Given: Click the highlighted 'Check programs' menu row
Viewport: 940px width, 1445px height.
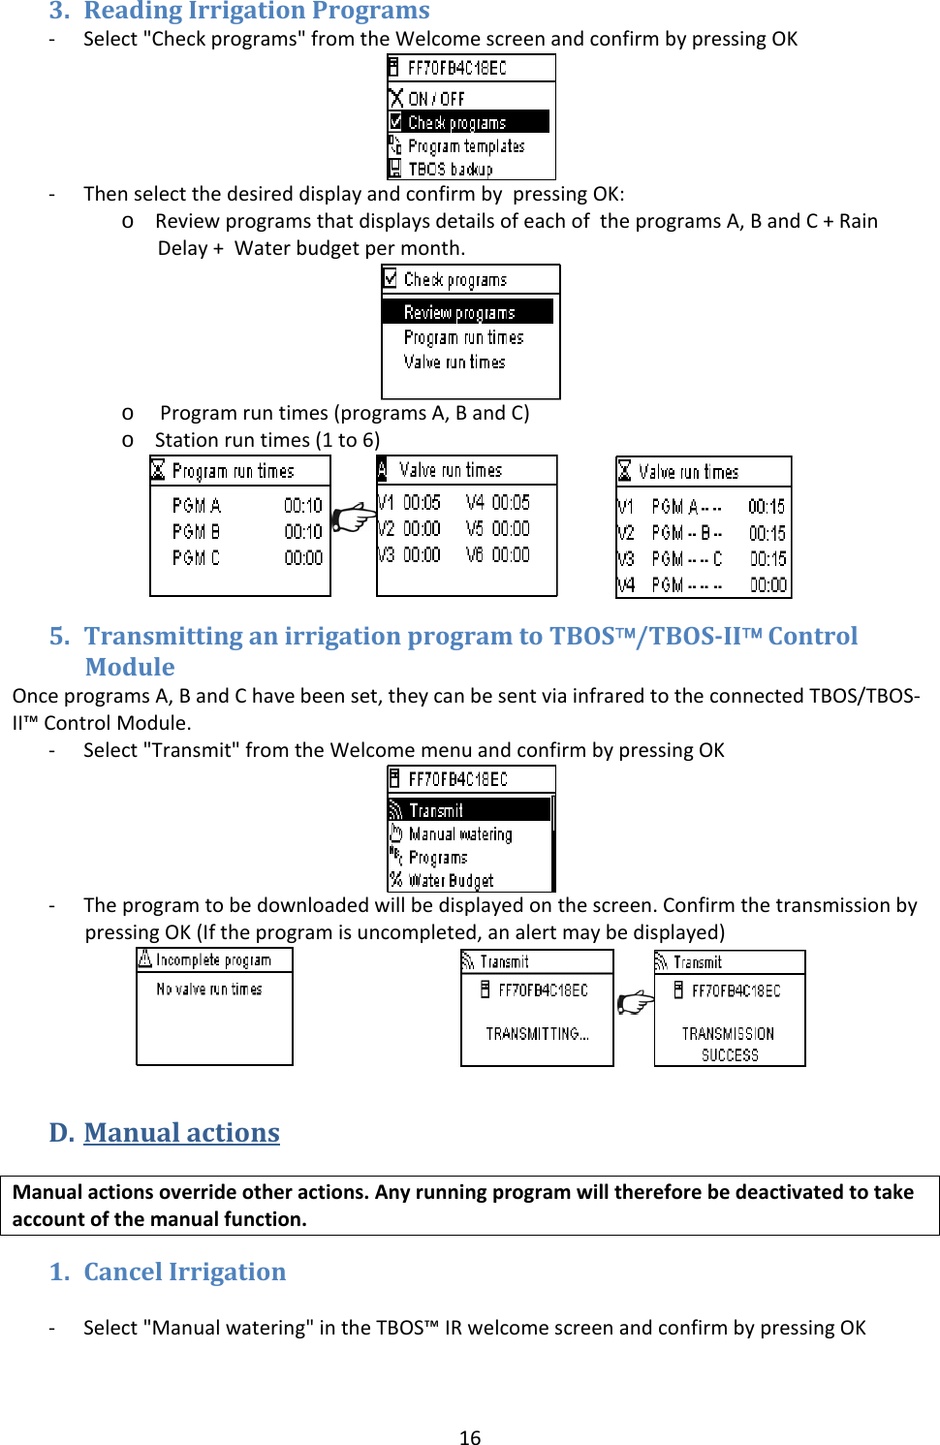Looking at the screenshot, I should pyautogui.click(x=468, y=122).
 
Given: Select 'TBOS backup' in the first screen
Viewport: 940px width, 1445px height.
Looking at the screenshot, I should pyautogui.click(x=450, y=169).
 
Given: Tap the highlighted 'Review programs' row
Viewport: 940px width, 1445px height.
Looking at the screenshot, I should pyautogui.click(x=466, y=312).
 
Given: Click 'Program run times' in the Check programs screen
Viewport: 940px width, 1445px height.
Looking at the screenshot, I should pyautogui.click(x=463, y=337).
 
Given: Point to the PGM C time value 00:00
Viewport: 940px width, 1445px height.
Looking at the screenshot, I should pyautogui.click(x=303, y=558).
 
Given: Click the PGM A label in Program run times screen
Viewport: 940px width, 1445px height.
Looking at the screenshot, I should pyautogui.click(x=196, y=505).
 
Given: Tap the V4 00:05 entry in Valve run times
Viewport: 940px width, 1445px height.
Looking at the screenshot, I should pyautogui.click(x=497, y=502).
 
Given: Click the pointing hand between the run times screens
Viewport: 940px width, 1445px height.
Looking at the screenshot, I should pyautogui.click(x=353, y=518).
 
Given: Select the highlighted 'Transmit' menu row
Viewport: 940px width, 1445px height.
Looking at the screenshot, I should pyautogui.click(x=469, y=809).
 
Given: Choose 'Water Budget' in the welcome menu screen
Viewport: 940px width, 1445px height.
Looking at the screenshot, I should pyautogui.click(x=450, y=880).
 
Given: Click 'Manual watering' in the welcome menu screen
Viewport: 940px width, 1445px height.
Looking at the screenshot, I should pyautogui.click(x=459, y=833).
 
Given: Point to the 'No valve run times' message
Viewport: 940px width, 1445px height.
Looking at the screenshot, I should pyautogui.click(x=209, y=990).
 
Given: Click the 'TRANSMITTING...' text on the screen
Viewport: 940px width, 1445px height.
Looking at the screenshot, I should pyautogui.click(x=537, y=1034).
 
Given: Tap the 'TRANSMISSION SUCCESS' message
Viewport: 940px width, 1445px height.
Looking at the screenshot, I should pyautogui.click(x=729, y=1044).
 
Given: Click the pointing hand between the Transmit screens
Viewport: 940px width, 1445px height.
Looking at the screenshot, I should pyautogui.click(x=635, y=1001).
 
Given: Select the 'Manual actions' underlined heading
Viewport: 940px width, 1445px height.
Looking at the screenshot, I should pyautogui.click(x=181, y=1132).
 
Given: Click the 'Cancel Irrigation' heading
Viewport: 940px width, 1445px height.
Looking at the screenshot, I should pyautogui.click(x=184, y=1272).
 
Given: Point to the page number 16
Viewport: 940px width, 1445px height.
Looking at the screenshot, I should pyautogui.click(x=470, y=1437).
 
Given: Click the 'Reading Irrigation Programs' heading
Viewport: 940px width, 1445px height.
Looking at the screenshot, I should pyautogui.click(x=256, y=12).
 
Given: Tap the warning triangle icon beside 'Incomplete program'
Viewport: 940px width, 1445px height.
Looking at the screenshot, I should pyautogui.click(x=145, y=958).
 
